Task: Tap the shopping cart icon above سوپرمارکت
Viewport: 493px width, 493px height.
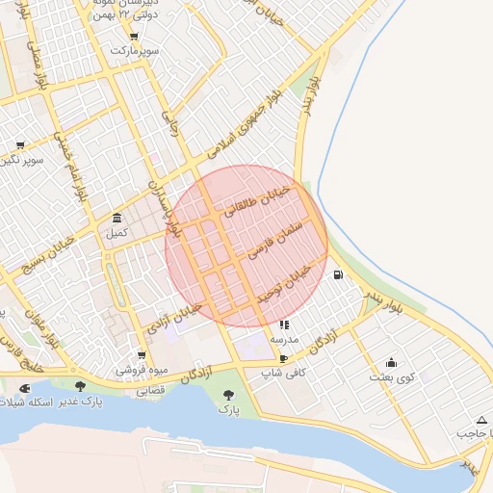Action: (115, 48)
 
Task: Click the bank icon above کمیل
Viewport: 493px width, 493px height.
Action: (117, 217)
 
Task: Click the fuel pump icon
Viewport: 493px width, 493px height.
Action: (337, 274)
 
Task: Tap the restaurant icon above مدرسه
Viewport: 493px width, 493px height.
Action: (284, 325)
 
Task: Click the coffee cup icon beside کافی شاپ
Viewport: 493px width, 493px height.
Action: (283, 357)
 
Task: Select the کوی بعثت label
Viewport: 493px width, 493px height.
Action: (392, 377)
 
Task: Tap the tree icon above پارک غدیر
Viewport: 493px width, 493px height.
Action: (80, 386)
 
